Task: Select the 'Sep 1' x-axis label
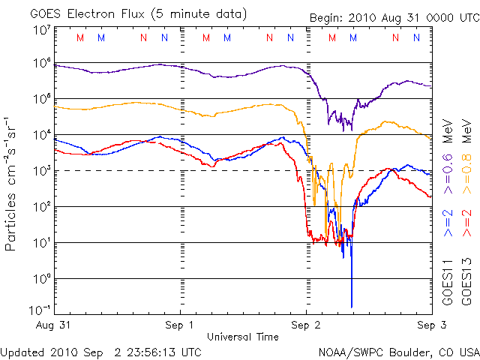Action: (x=181, y=325)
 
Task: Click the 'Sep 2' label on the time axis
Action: (x=305, y=325)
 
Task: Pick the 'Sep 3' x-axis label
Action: (x=430, y=325)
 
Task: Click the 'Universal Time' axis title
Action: (x=243, y=337)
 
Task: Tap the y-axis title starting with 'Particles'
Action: (x=12, y=183)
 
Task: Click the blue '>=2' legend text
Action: (x=447, y=223)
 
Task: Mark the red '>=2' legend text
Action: (x=466, y=223)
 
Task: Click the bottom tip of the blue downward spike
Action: (x=352, y=307)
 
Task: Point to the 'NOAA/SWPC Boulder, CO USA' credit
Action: (x=398, y=352)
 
